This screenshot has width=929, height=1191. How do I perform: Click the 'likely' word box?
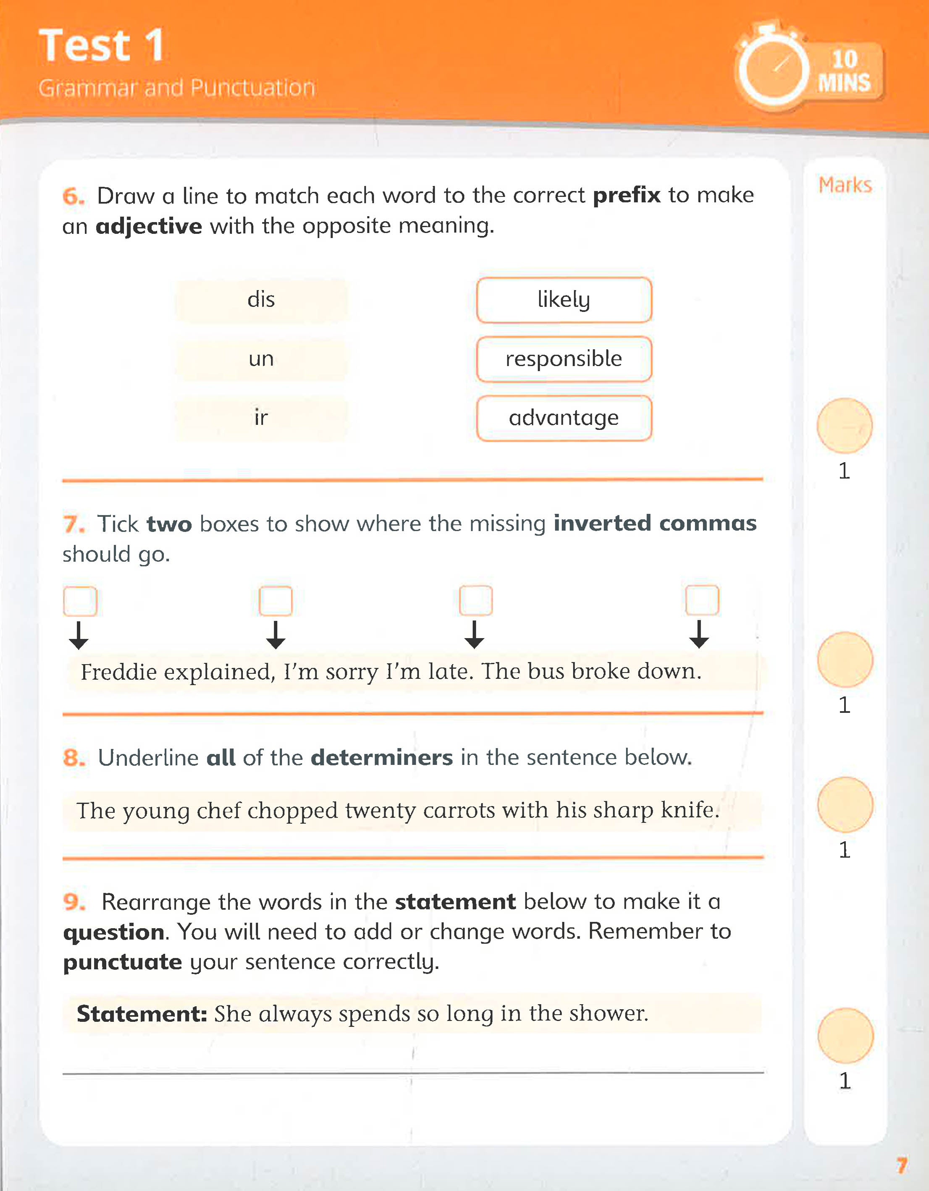[564, 300]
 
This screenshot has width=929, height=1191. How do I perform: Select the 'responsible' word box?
[564, 359]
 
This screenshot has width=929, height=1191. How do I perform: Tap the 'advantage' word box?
[564, 418]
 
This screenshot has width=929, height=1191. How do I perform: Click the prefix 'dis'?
[261, 300]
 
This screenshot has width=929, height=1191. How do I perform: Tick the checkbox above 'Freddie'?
[80, 601]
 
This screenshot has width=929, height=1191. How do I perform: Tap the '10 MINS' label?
[844, 71]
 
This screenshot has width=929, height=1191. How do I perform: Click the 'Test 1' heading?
[102, 46]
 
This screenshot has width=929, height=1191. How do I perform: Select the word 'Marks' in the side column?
[845, 186]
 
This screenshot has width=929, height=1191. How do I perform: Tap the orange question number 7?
[73, 524]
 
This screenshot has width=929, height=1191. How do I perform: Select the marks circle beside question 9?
[845, 1036]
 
